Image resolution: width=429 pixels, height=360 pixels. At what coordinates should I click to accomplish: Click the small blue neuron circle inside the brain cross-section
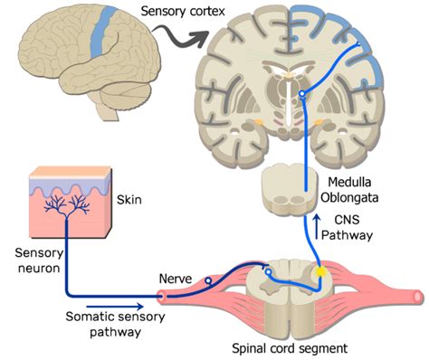pos(303,92)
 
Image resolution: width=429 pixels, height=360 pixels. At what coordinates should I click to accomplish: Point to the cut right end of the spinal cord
pos(414,296)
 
